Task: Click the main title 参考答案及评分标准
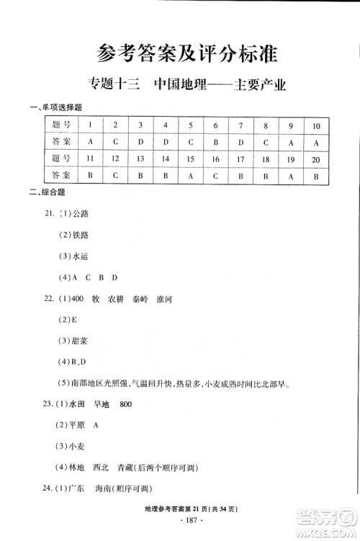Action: click(x=179, y=54)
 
